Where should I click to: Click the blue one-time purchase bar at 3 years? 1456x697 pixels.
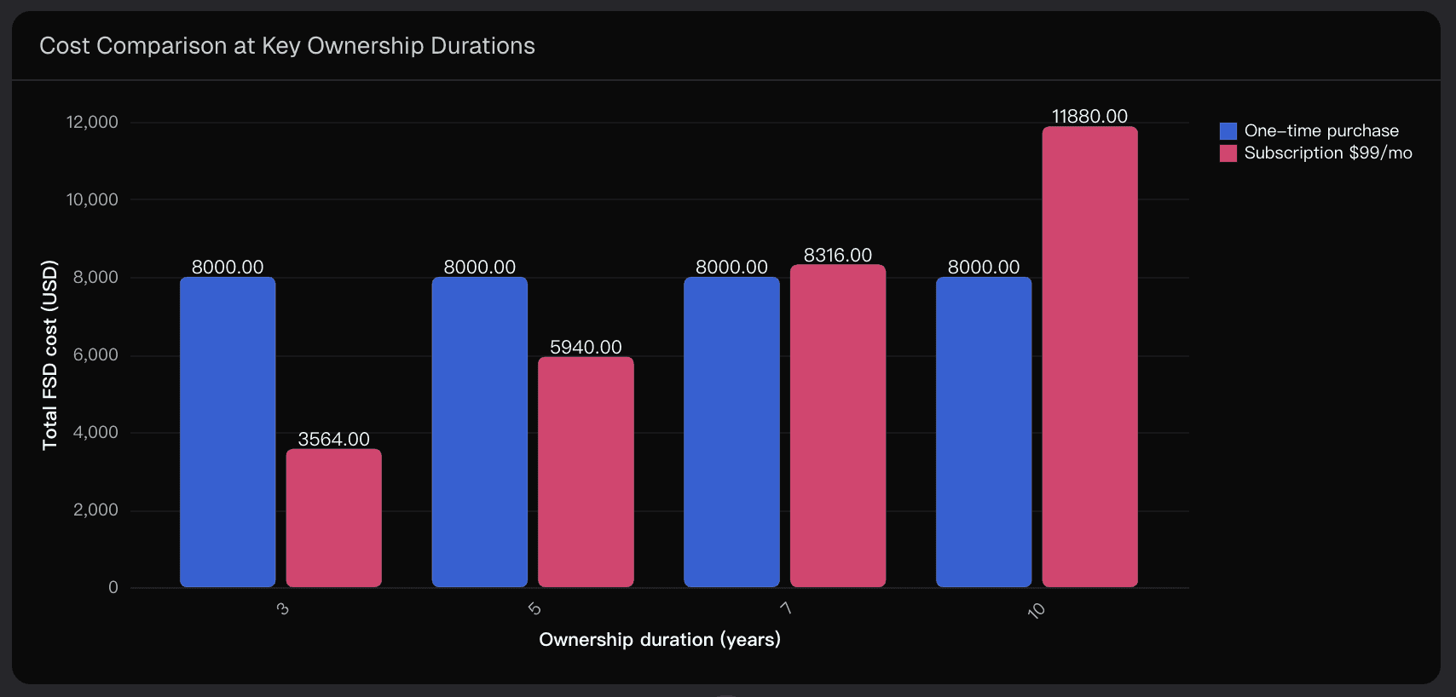(228, 432)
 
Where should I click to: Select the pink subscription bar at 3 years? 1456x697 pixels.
(333, 518)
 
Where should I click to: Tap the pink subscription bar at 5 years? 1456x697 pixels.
(586, 472)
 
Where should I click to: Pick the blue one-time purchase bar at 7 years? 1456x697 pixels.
(731, 432)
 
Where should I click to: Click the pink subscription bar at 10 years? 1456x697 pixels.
(1089, 357)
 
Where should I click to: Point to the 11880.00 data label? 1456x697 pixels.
(1089, 116)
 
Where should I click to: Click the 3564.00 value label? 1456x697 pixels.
(333, 439)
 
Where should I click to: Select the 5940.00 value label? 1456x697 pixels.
(586, 347)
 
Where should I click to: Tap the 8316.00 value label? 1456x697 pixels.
(838, 255)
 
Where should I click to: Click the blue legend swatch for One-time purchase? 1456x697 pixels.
(1228, 131)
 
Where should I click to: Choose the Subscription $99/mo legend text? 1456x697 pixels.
(1328, 153)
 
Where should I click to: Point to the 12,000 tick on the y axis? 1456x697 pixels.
(92, 122)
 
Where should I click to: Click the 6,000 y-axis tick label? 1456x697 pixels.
(95, 354)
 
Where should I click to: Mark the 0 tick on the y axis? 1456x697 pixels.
(113, 587)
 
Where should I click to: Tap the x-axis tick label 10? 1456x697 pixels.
(1036, 610)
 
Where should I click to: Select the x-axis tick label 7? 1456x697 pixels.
(786, 608)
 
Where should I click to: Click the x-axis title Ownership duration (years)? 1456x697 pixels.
(660, 640)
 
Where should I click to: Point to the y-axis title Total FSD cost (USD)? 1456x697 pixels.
(50, 354)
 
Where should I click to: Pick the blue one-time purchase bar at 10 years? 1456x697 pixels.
(984, 432)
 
